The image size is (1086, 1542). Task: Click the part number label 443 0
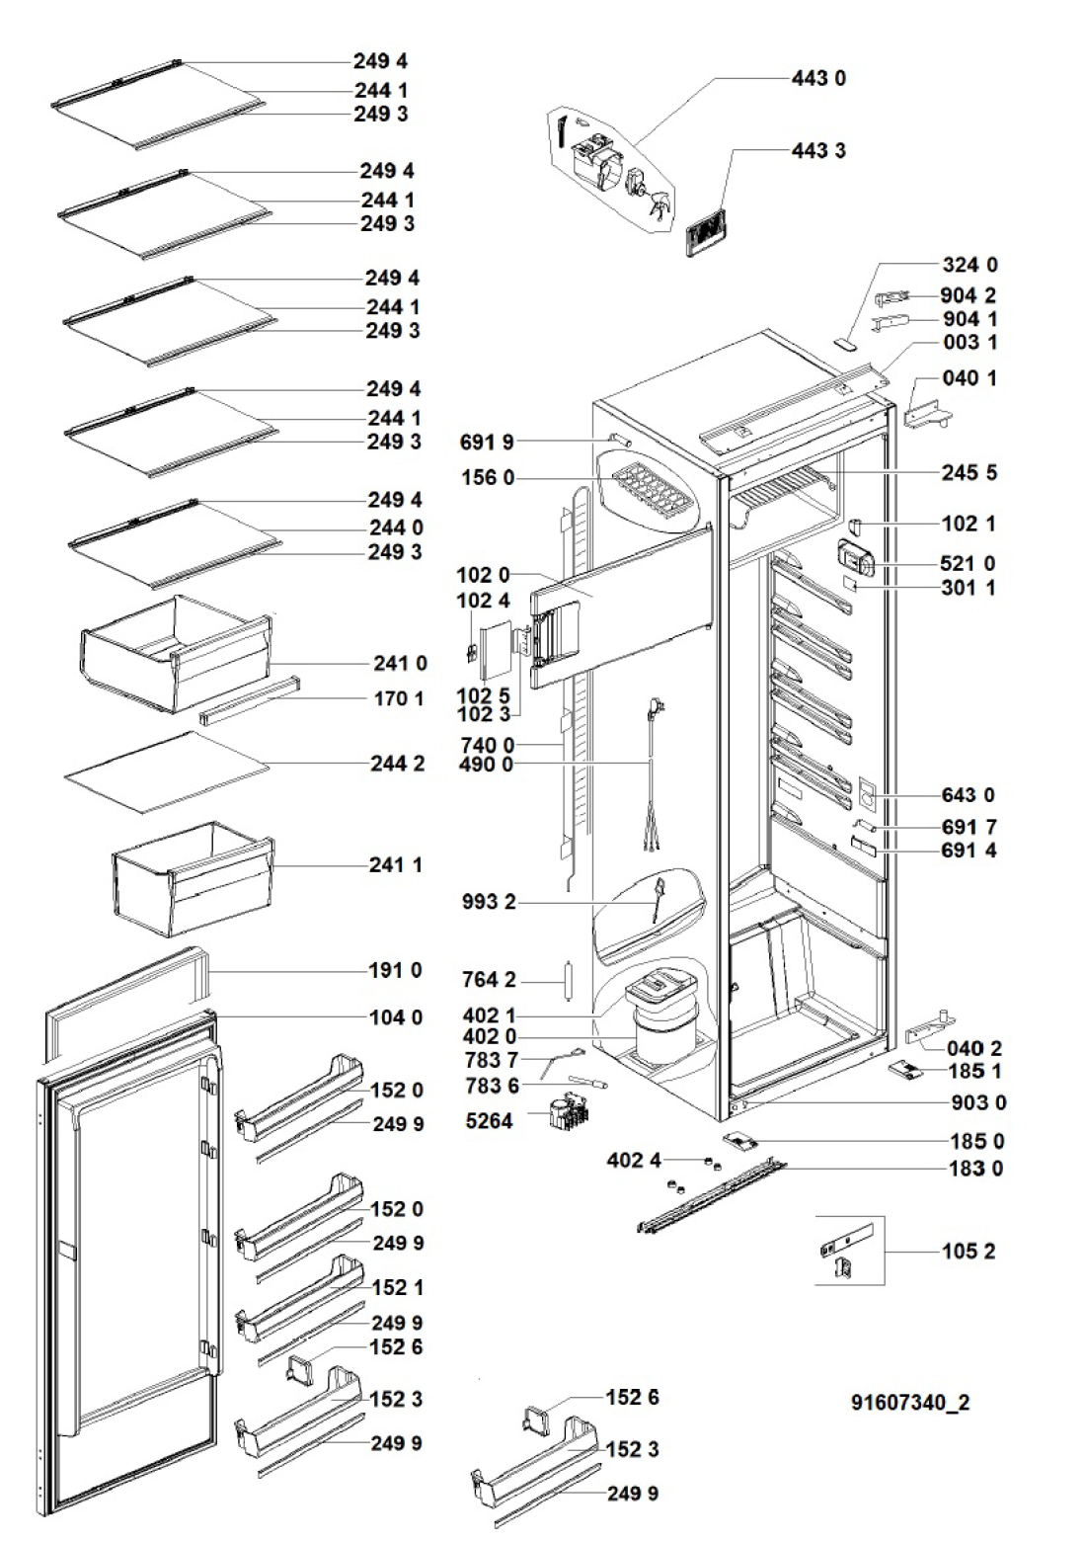[818, 78]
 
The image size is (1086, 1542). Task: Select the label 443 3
[818, 151]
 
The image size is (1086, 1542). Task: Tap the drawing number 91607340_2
[910, 1403]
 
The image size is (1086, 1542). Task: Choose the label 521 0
[969, 563]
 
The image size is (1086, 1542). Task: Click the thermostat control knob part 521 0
[855, 560]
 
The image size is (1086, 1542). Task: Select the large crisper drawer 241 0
[176, 651]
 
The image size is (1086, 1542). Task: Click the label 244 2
[398, 764]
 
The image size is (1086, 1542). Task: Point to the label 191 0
[395, 970]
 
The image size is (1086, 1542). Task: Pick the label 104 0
[396, 1017]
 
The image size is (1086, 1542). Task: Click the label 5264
[489, 1121]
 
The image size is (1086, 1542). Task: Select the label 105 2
[969, 1252]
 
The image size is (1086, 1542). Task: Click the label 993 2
[489, 902]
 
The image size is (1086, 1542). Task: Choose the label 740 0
[487, 745]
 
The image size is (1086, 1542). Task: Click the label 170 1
[398, 699]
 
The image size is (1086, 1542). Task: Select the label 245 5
[969, 472]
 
